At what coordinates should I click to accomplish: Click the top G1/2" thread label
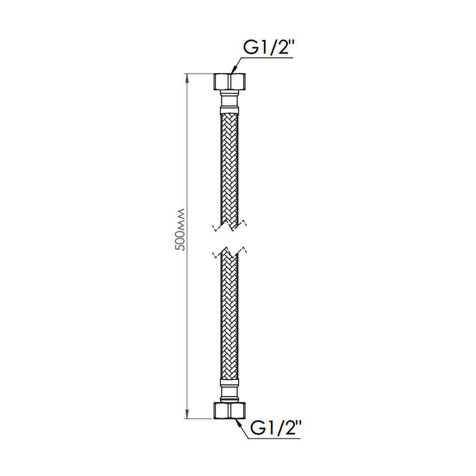pyautogui.click(x=268, y=47)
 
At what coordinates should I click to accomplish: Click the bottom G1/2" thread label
pyautogui.click(x=276, y=428)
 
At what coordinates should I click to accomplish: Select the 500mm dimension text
pyautogui.click(x=180, y=230)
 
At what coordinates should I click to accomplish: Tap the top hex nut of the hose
pyautogui.click(x=229, y=81)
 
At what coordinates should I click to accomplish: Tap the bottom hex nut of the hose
pyautogui.click(x=229, y=410)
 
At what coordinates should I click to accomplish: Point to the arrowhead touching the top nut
pyautogui.click(x=234, y=69)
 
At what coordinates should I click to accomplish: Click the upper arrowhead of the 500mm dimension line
pyautogui.click(x=187, y=79)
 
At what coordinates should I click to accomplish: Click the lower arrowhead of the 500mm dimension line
pyautogui.click(x=187, y=414)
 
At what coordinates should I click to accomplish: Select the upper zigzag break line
pyautogui.click(x=229, y=226)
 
